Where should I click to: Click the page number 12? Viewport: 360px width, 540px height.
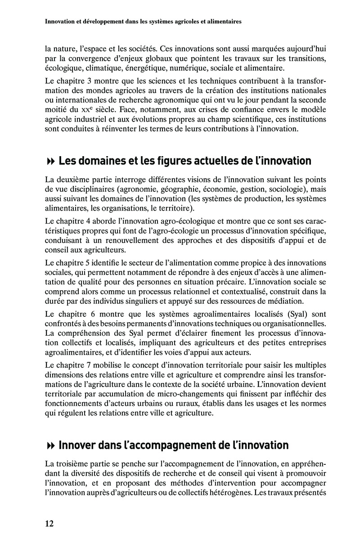[49, 523]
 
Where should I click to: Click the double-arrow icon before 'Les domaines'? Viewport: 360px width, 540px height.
[50, 161]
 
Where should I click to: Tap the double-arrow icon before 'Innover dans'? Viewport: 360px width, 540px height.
[50, 446]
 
